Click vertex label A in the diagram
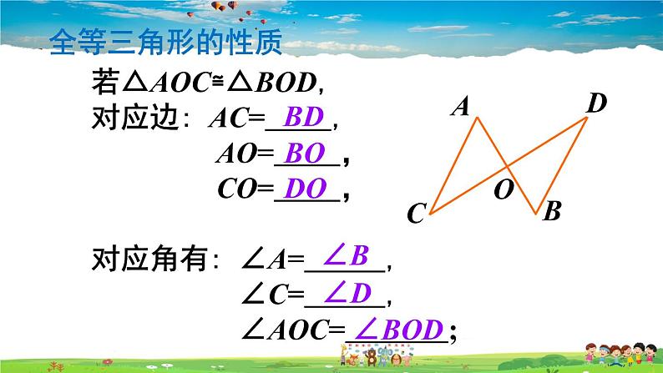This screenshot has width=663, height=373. [460, 106]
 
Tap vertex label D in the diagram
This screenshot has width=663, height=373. [595, 103]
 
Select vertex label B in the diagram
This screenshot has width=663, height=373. [551, 212]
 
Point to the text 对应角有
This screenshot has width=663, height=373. [149, 260]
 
